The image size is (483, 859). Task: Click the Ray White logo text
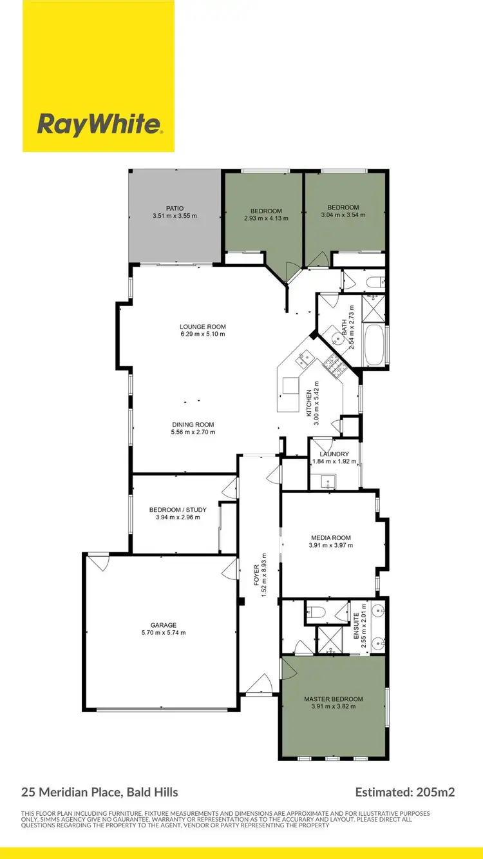pos(99,124)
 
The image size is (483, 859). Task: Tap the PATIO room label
pos(175,208)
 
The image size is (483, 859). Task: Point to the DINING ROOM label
pos(193,425)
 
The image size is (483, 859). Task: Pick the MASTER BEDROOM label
pos(334,699)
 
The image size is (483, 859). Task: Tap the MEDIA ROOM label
pos(330,537)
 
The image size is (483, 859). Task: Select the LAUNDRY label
pos(330,454)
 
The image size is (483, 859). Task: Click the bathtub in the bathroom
pos(374,345)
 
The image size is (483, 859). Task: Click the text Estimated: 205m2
pos(404,792)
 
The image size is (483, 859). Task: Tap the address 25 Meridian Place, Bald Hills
pos(100,792)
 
